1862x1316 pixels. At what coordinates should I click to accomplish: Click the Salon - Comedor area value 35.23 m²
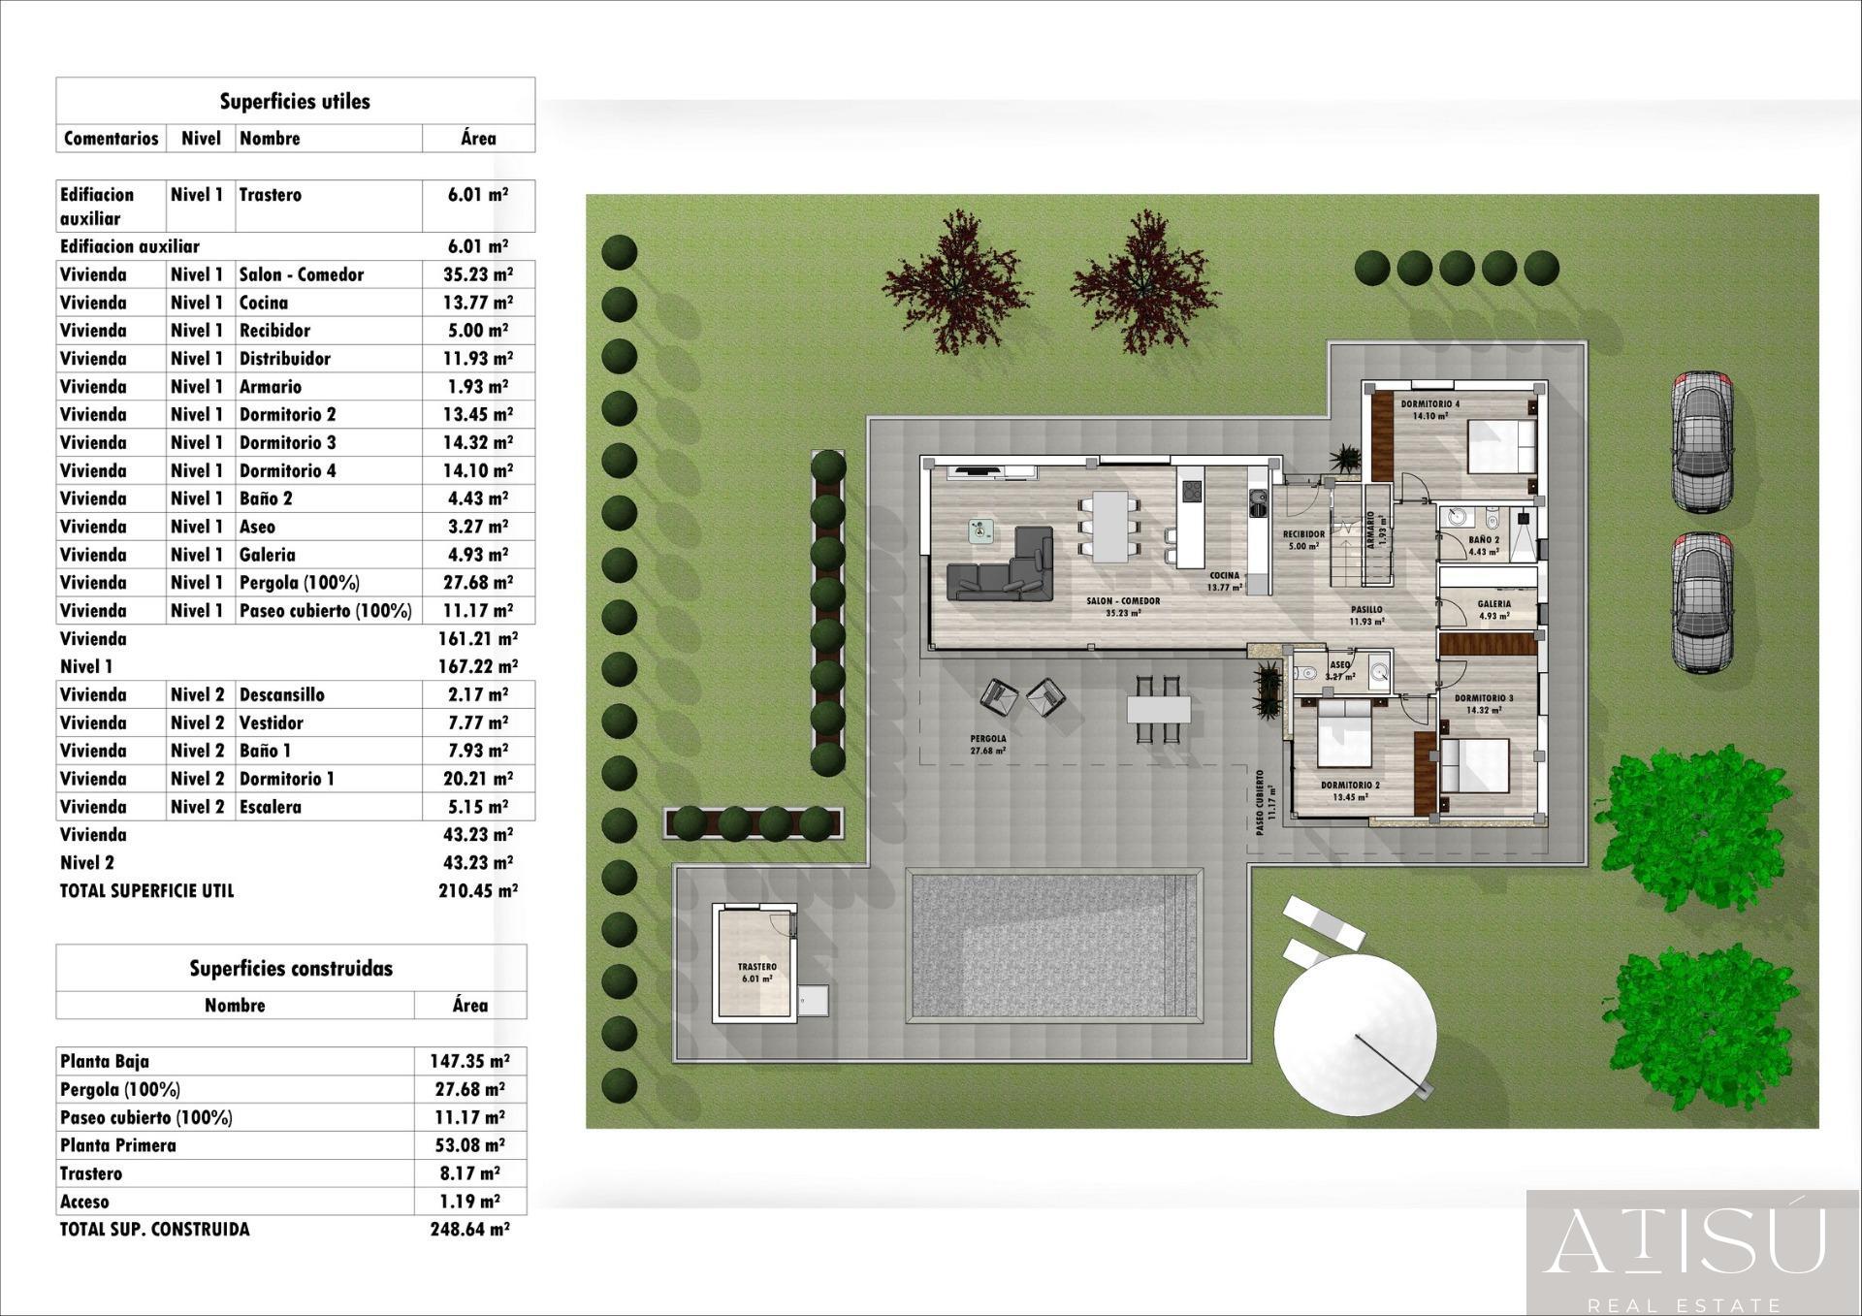pos(477,274)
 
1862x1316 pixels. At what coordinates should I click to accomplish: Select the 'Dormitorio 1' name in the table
pos(287,779)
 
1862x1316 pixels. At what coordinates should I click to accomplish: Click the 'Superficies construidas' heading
pos(291,968)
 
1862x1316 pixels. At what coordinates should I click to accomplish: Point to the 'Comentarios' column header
pos(111,138)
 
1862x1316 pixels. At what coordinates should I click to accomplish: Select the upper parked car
pos(1702,441)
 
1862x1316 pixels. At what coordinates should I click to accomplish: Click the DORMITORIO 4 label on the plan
pos(1429,404)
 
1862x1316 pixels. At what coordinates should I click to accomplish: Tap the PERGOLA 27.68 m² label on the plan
pos(987,744)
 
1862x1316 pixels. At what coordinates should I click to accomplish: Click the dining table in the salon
pos(1111,527)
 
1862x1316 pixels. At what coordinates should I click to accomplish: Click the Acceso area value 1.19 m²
pos(467,1202)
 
